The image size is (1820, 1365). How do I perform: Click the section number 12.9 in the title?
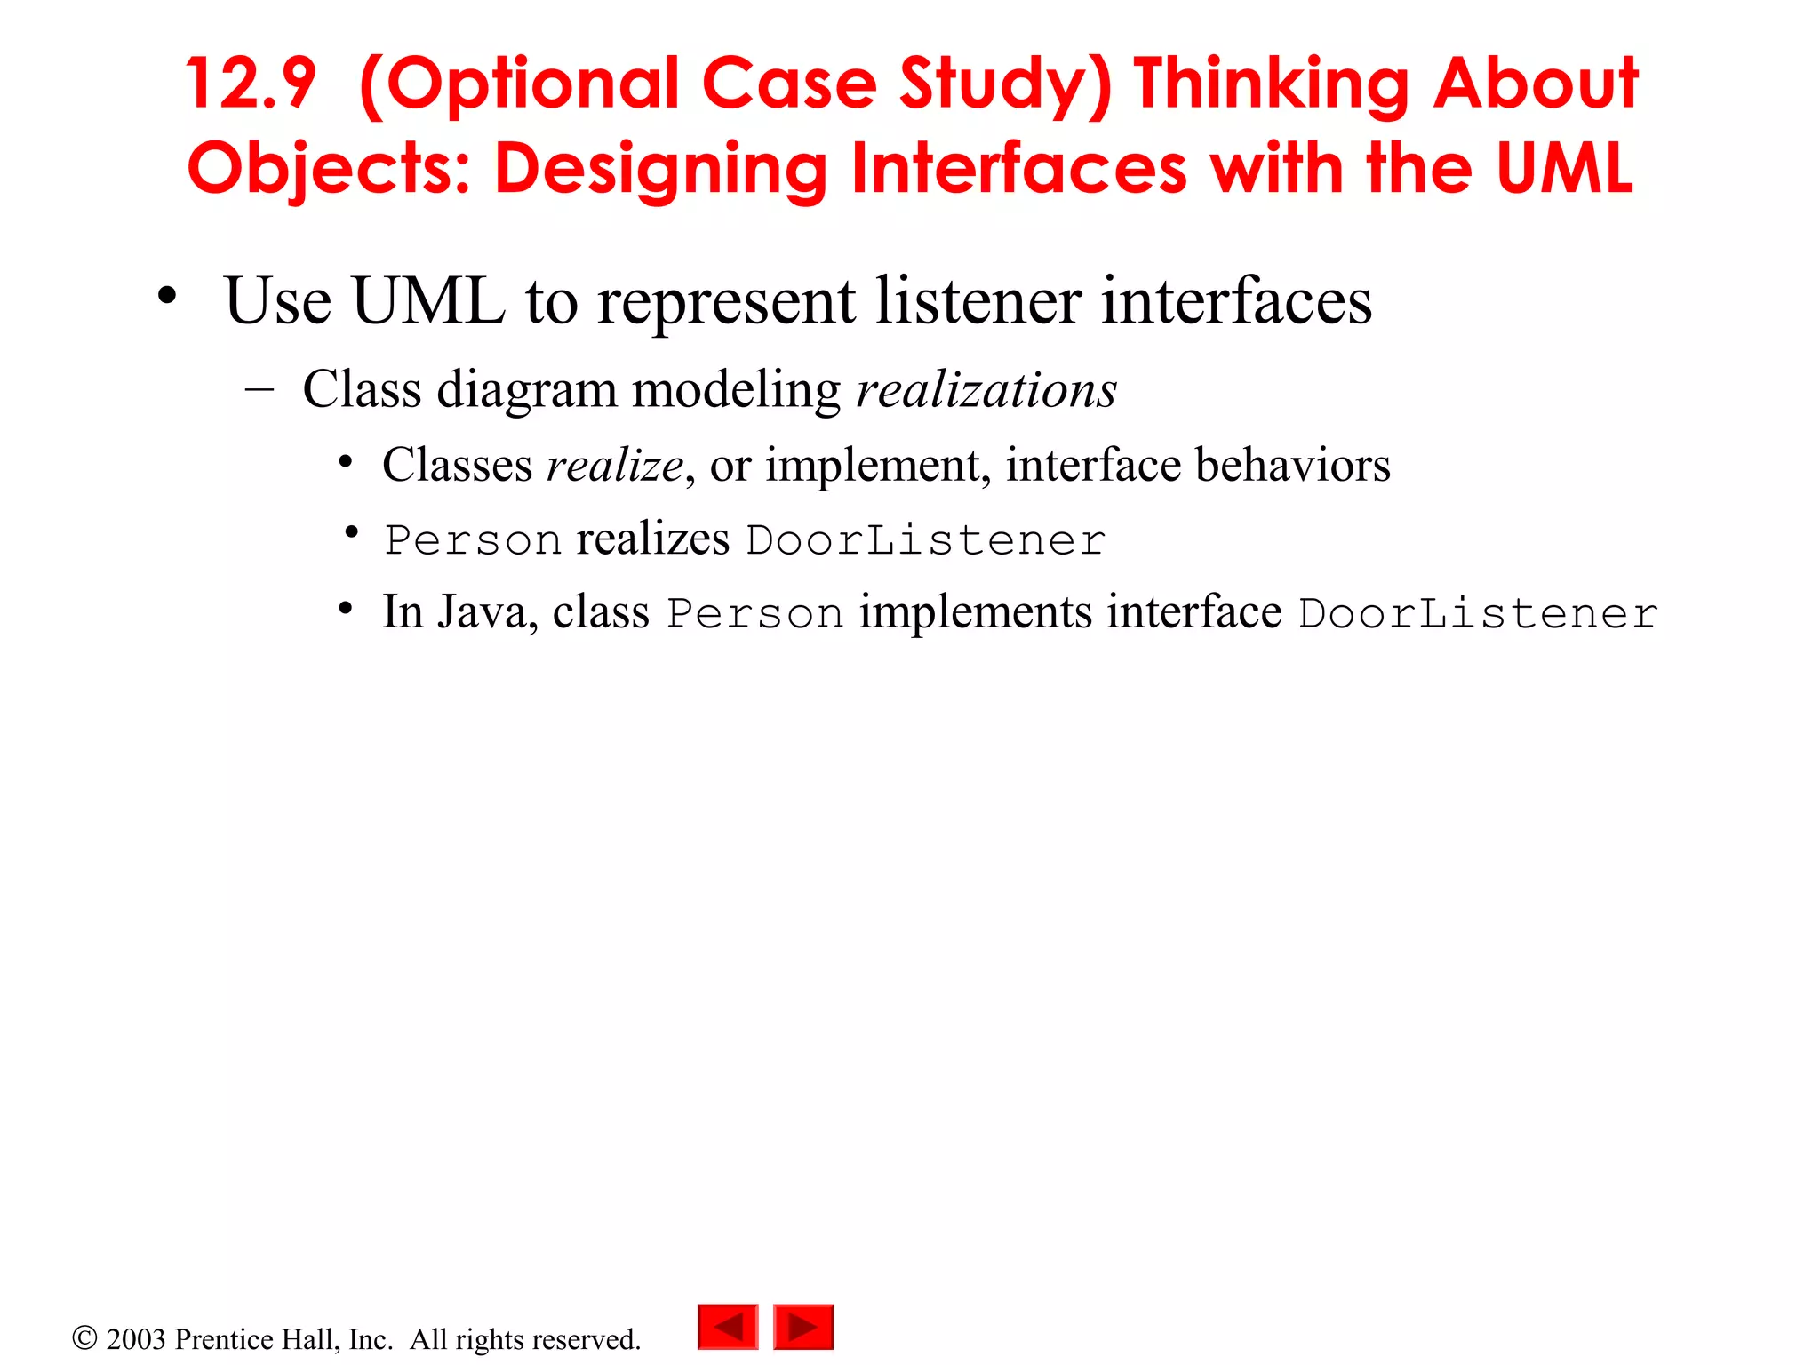pyautogui.click(x=251, y=84)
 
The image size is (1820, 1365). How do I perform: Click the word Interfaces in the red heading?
pyautogui.click(x=1018, y=169)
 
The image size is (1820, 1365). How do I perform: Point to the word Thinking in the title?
pyautogui.click(x=1271, y=84)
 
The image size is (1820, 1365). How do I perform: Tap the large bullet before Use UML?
pyautogui.click(x=167, y=297)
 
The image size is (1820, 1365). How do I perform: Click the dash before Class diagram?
pyautogui.click(x=259, y=390)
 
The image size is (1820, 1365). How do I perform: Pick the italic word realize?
pyautogui.click(x=615, y=465)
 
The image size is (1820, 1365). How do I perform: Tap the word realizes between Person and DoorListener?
pyautogui.click(x=653, y=539)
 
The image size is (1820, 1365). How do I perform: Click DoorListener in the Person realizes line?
pyautogui.click(x=926, y=540)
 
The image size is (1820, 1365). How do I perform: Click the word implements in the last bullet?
pyautogui.click(x=975, y=612)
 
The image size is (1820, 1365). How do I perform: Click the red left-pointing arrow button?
pyautogui.click(x=728, y=1327)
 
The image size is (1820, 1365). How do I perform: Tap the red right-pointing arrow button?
pyautogui.click(x=803, y=1327)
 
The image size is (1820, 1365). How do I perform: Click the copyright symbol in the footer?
pyautogui.click(x=84, y=1337)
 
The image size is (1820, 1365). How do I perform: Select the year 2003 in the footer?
pyautogui.click(x=136, y=1339)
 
